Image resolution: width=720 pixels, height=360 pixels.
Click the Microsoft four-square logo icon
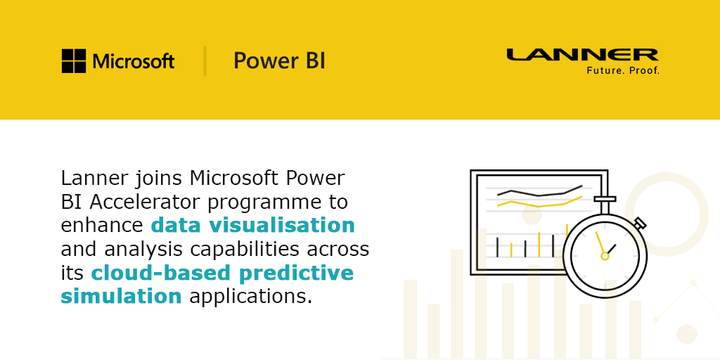73,61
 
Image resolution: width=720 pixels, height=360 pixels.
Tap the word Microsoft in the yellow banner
134,61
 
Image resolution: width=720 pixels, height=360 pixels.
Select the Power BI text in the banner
279,61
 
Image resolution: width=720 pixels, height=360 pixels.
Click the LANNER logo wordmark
582,55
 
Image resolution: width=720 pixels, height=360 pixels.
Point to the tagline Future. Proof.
623,71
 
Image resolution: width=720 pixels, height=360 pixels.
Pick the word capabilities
242,250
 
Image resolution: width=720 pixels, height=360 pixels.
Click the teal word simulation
121,296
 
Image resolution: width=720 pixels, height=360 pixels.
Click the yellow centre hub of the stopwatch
605,256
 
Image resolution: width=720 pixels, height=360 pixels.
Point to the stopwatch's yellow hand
600,243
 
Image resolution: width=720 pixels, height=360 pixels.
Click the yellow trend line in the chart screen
539,202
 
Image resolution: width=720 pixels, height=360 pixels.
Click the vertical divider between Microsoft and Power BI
205,60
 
